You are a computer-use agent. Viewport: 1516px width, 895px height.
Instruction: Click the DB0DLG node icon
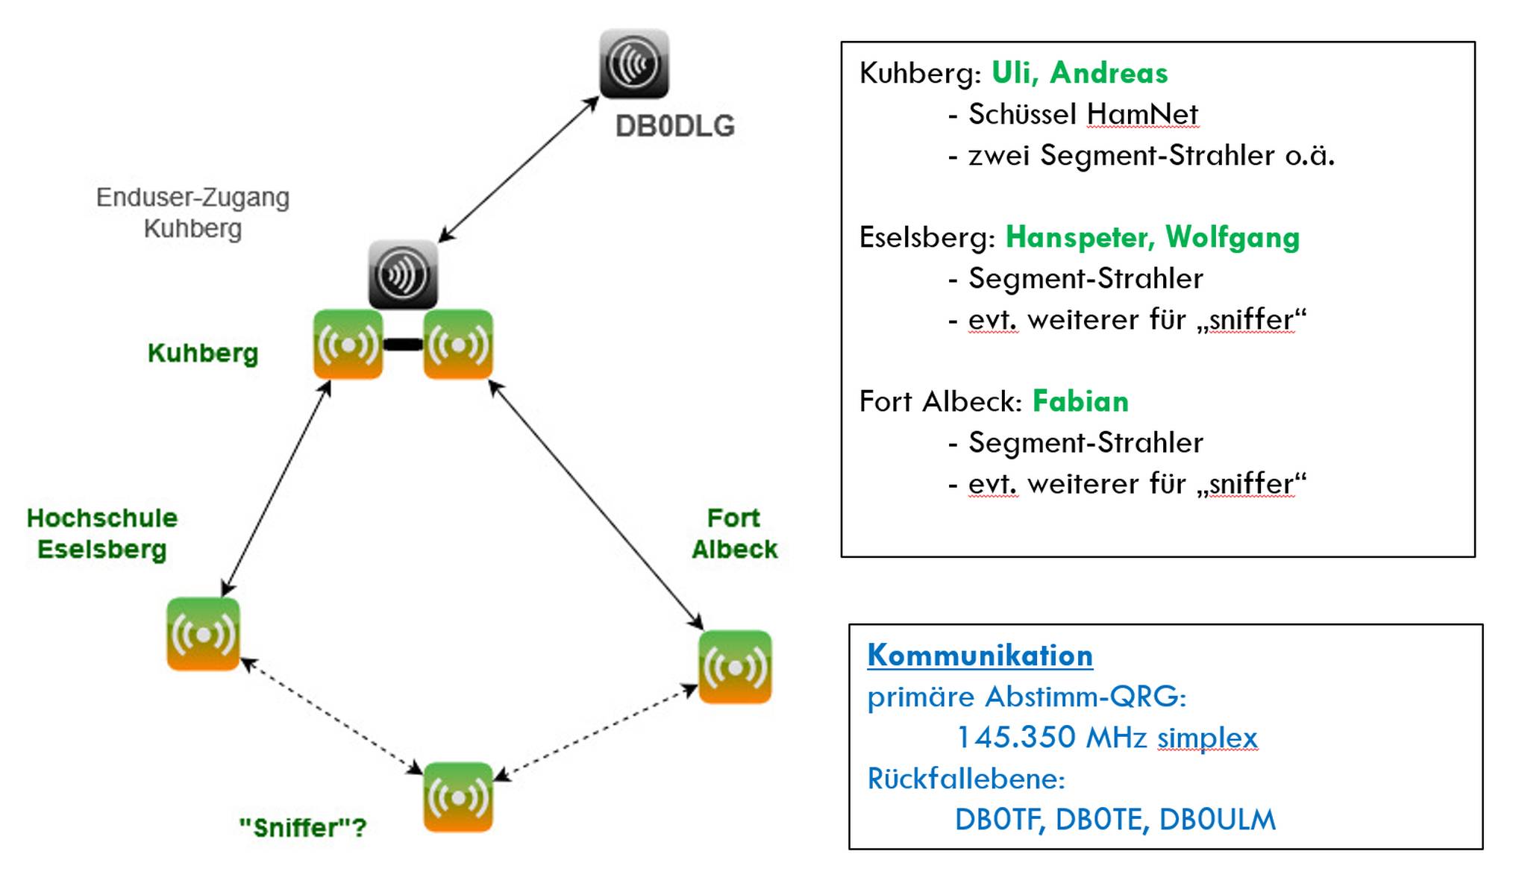coord(634,63)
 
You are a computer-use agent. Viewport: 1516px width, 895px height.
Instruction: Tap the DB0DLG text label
coord(674,126)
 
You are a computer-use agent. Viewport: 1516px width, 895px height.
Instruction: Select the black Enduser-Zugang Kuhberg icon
coord(403,274)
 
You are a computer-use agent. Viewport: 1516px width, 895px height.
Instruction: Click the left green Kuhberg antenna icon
coord(348,345)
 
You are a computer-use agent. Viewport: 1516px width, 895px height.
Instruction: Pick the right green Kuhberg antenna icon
coord(458,345)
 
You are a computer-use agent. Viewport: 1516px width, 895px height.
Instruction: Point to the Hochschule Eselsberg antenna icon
coord(203,634)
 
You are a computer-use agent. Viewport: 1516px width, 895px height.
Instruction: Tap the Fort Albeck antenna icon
coord(735,667)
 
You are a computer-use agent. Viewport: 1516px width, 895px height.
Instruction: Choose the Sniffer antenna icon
coord(458,797)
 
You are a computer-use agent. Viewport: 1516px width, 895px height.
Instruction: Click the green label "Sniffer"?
coord(302,827)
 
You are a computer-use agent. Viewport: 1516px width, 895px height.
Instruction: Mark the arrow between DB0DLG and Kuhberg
coord(519,169)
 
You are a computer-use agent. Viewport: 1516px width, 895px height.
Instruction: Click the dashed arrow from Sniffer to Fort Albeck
coord(597,732)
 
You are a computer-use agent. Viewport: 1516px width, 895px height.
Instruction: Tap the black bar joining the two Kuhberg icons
coord(403,345)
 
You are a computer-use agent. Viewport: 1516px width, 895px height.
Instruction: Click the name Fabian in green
coord(1080,401)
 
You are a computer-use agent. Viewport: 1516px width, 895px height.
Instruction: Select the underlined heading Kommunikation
coord(980,655)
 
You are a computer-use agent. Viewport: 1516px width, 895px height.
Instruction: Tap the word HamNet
coord(1141,114)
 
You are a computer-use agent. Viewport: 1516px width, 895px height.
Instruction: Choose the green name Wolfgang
coord(1232,237)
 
